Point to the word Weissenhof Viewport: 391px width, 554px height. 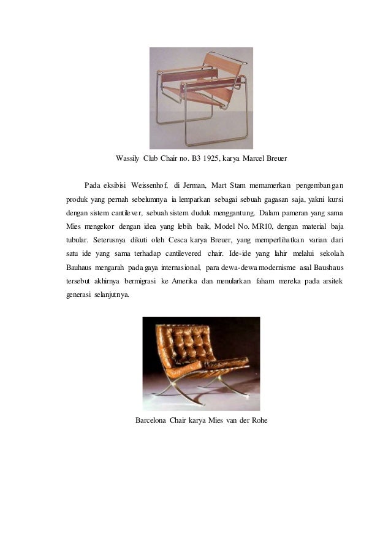(x=150, y=185)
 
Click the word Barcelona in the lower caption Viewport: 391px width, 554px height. (x=153, y=421)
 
